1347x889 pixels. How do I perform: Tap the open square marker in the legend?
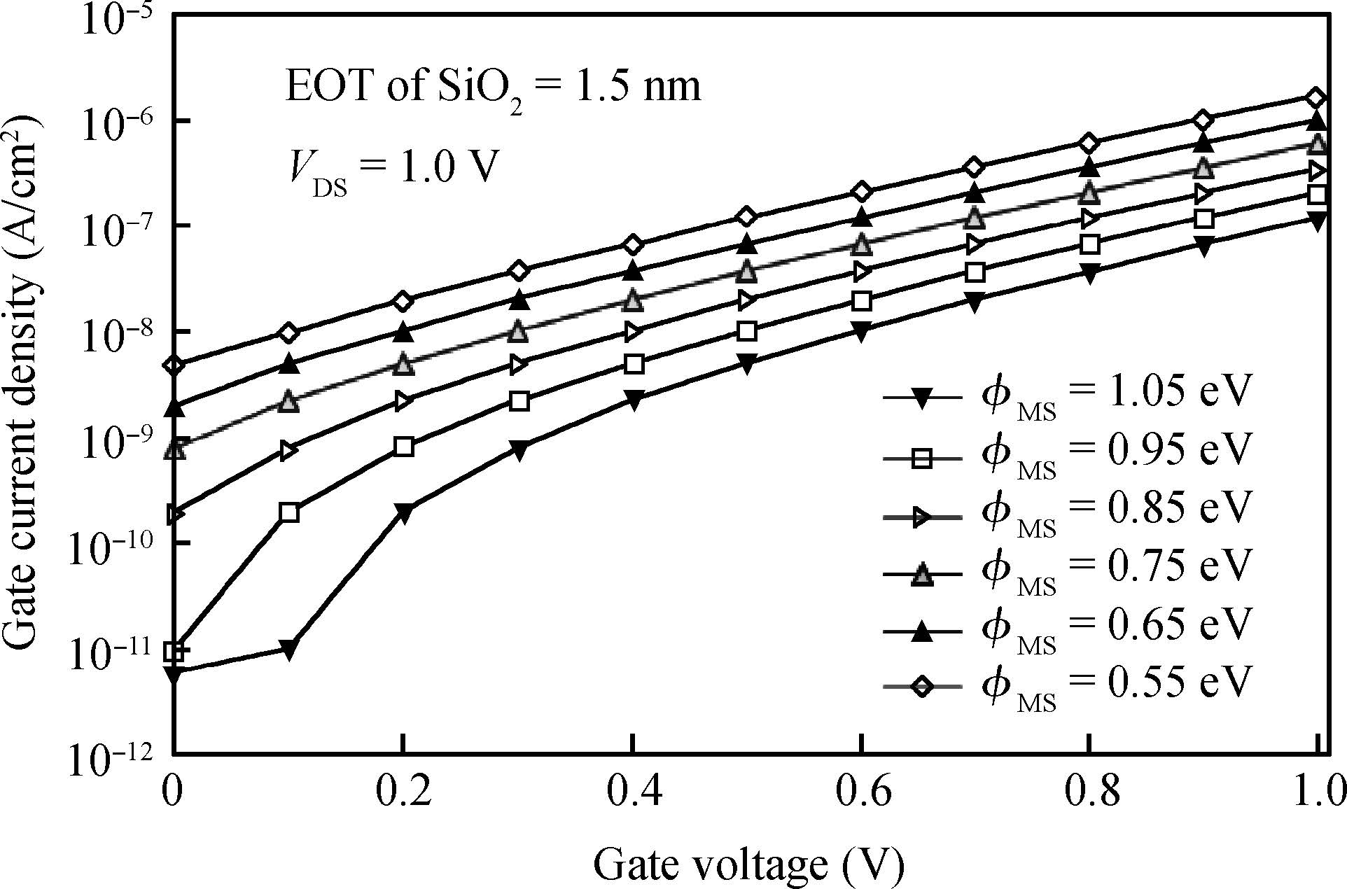[923, 458]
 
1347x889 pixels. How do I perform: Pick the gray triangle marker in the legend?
[923, 575]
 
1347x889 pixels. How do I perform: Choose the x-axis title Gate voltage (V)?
[749, 862]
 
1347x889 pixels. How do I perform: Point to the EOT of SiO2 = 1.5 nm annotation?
[492, 87]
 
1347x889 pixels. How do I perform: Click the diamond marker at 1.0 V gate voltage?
[1316, 98]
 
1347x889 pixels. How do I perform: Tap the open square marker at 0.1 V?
[288, 512]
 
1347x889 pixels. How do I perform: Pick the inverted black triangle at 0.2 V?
[403, 512]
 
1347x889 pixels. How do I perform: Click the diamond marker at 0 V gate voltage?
[174, 365]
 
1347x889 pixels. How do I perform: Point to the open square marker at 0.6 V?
[862, 301]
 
